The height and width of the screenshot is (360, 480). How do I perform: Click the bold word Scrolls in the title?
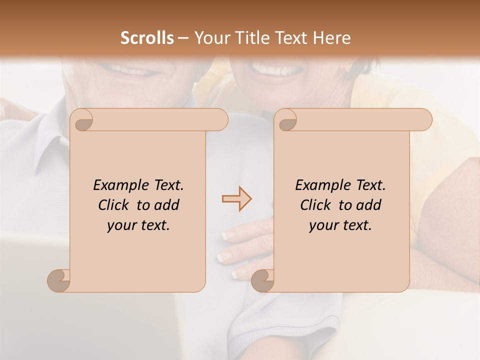pyautogui.click(x=147, y=38)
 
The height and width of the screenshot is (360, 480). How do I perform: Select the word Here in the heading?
pyautogui.click(x=331, y=38)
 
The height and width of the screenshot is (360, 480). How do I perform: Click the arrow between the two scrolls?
pyautogui.click(x=236, y=199)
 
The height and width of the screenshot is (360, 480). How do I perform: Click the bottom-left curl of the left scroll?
pyautogui.click(x=58, y=280)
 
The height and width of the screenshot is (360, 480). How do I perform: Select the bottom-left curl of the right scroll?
pyautogui.click(x=262, y=280)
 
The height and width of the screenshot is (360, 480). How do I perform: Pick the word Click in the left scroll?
pyautogui.click(x=114, y=205)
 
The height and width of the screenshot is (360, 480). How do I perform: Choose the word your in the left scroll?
pyautogui.click(x=120, y=225)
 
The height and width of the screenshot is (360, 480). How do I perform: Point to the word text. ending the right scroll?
pyautogui.click(x=355, y=225)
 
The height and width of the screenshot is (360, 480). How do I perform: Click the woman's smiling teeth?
pyautogui.click(x=272, y=70)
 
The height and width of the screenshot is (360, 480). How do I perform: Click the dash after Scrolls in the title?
pyautogui.click(x=183, y=38)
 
